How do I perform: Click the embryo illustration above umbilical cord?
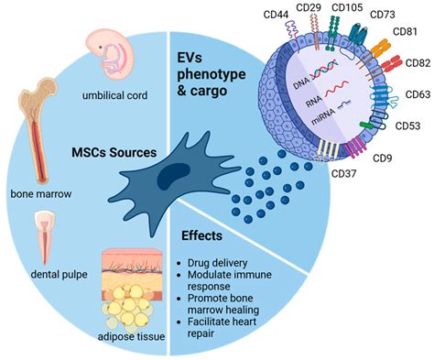(107, 51)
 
